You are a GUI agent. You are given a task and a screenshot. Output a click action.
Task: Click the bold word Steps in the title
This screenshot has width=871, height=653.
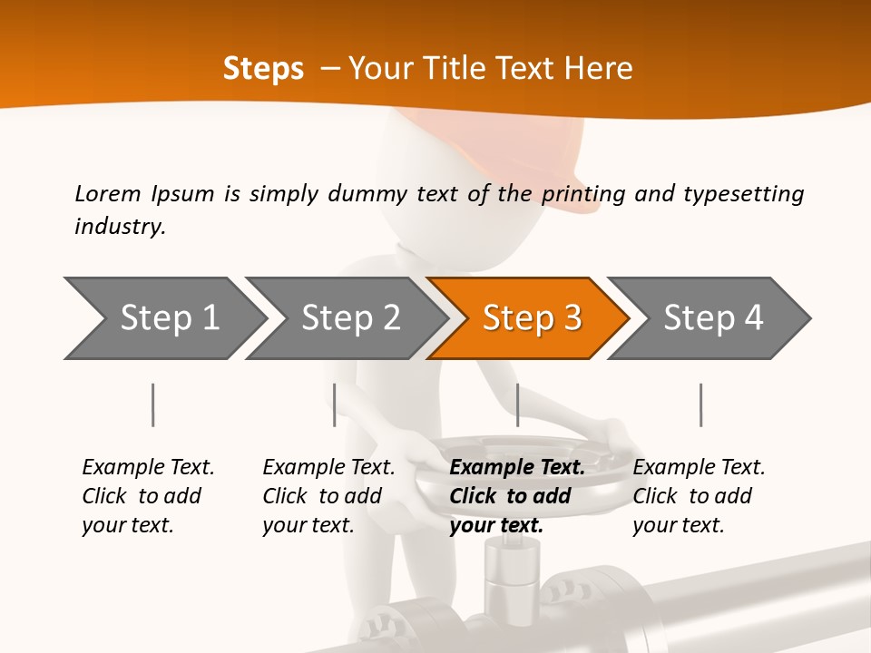(263, 68)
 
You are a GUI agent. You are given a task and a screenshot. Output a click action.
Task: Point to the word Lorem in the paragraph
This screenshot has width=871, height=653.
(107, 193)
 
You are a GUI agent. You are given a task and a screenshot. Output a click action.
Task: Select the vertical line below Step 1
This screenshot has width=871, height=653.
(153, 404)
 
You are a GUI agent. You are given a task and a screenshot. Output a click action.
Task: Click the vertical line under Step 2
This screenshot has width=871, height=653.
(335, 404)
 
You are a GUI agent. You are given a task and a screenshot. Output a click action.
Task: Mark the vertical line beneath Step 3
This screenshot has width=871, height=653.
(517, 404)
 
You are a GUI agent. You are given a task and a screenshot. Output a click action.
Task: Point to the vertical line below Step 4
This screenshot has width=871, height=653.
(700, 404)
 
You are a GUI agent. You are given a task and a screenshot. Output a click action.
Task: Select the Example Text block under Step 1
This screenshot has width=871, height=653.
(148, 496)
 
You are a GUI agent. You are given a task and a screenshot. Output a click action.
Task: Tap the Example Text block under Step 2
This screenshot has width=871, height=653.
(328, 496)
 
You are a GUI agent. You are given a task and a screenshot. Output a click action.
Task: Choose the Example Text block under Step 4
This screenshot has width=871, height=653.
(699, 496)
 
